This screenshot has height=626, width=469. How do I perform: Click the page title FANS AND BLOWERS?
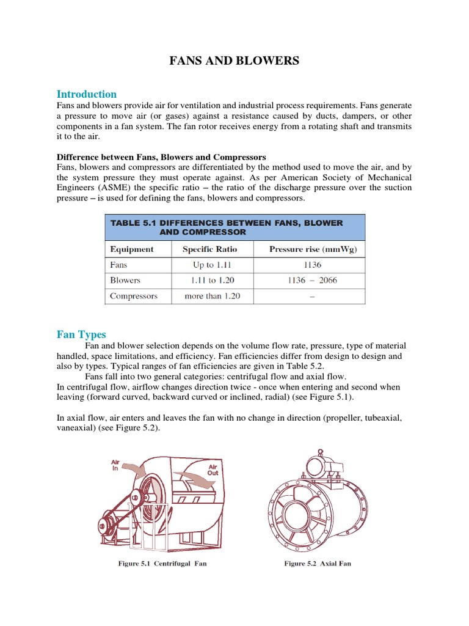click(234, 61)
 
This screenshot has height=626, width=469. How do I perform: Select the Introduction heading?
click(87, 94)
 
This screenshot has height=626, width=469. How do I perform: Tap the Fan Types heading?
click(81, 334)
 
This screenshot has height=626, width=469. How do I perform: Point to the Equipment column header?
click(131, 249)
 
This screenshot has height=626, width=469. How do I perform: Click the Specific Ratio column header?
click(209, 249)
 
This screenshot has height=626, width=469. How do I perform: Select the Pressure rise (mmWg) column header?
click(313, 249)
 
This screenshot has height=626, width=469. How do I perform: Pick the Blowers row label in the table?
click(125, 281)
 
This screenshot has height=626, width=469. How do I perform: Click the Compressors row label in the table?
click(133, 296)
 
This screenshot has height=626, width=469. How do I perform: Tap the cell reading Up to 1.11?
click(211, 265)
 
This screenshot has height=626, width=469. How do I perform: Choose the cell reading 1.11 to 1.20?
click(211, 281)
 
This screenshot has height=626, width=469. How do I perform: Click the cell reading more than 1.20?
click(212, 296)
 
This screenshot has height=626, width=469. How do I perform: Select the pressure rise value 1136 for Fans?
click(311, 265)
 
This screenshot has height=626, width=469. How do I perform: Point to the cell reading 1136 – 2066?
click(311, 281)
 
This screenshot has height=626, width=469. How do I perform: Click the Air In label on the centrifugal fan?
click(115, 465)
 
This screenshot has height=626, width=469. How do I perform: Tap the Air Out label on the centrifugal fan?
click(213, 469)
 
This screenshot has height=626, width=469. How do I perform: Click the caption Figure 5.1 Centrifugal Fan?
click(162, 564)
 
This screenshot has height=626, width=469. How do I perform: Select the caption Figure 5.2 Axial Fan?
click(318, 564)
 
